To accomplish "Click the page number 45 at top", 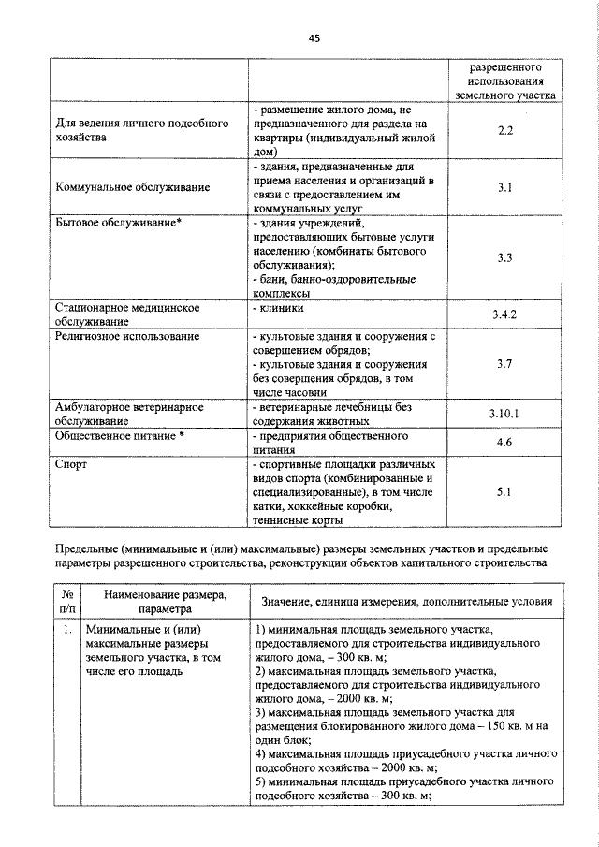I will pyautogui.click(x=314, y=37).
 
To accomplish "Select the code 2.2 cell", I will pyautogui.click(x=505, y=130).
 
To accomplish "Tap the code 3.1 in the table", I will pyautogui.click(x=505, y=188).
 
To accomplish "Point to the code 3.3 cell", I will pyautogui.click(x=505, y=257).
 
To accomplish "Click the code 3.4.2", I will pyautogui.click(x=505, y=314).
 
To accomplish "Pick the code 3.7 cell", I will pyautogui.click(x=505, y=363).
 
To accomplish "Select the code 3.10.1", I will pyautogui.click(x=505, y=413).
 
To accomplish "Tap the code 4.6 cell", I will pyautogui.click(x=505, y=443).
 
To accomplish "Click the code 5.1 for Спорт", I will pyautogui.click(x=505, y=490).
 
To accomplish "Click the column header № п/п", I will pyautogui.click(x=66, y=600).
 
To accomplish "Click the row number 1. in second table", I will pyautogui.click(x=66, y=631).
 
